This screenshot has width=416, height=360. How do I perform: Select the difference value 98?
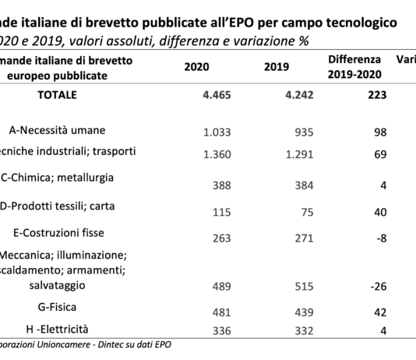(380, 132)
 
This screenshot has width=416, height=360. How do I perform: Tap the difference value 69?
(380, 154)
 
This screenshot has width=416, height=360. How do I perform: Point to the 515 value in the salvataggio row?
(287, 287)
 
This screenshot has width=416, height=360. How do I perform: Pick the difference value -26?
(378, 287)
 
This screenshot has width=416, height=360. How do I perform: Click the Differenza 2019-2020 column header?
(354, 66)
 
